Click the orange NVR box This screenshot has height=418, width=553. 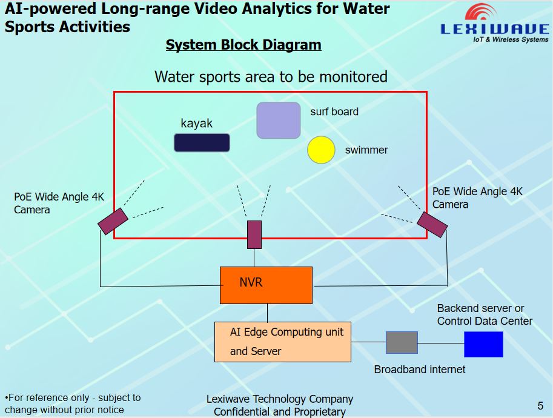point(266,285)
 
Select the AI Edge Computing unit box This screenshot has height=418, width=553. point(283,342)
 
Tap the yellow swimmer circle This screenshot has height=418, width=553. point(321,150)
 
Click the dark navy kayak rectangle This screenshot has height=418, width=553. point(202,142)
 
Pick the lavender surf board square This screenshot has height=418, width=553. point(278,120)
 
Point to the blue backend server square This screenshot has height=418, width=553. point(483,344)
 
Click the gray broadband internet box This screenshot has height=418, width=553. point(402,342)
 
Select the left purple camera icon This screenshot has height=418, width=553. point(113,221)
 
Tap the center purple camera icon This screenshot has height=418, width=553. point(254,234)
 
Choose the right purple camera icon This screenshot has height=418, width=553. point(432,224)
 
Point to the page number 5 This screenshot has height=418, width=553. point(540,406)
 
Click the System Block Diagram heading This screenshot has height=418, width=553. point(243,45)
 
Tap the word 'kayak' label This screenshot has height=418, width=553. point(197,124)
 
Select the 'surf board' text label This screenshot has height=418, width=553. point(334,111)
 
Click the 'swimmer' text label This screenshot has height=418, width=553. point(366,150)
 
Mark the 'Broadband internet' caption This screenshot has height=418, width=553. point(420,369)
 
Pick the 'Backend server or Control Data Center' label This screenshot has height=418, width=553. point(485,315)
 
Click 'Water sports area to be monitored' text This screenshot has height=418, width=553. point(271,77)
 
